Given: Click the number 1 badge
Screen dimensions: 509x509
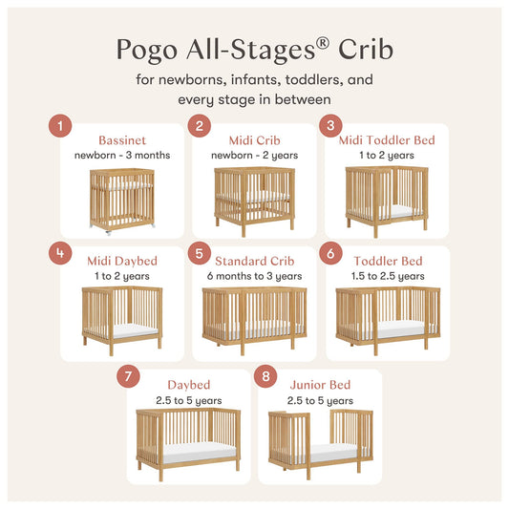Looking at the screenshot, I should point(60,125).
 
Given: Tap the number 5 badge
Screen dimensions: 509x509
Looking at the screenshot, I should point(199,254).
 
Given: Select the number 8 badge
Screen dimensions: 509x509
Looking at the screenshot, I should point(265,375).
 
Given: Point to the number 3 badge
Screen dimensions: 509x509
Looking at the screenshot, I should point(330,125).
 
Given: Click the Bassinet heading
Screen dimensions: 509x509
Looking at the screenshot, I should point(121,140).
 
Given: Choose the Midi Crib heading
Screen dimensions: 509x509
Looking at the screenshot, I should point(254,140).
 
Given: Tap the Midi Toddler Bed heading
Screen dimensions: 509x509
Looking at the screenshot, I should point(387,140).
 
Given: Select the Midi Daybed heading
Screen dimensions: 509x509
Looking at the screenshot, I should point(122,261).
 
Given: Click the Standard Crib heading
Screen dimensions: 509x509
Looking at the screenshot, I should point(254,261).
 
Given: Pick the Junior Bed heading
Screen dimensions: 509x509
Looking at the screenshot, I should point(320,384).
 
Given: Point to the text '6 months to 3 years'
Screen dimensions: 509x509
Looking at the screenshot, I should point(254,276).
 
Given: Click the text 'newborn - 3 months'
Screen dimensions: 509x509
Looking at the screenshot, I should point(121,155).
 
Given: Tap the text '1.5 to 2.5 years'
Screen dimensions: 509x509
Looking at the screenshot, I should point(387,276).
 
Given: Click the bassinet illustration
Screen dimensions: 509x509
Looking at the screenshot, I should point(121,199).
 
